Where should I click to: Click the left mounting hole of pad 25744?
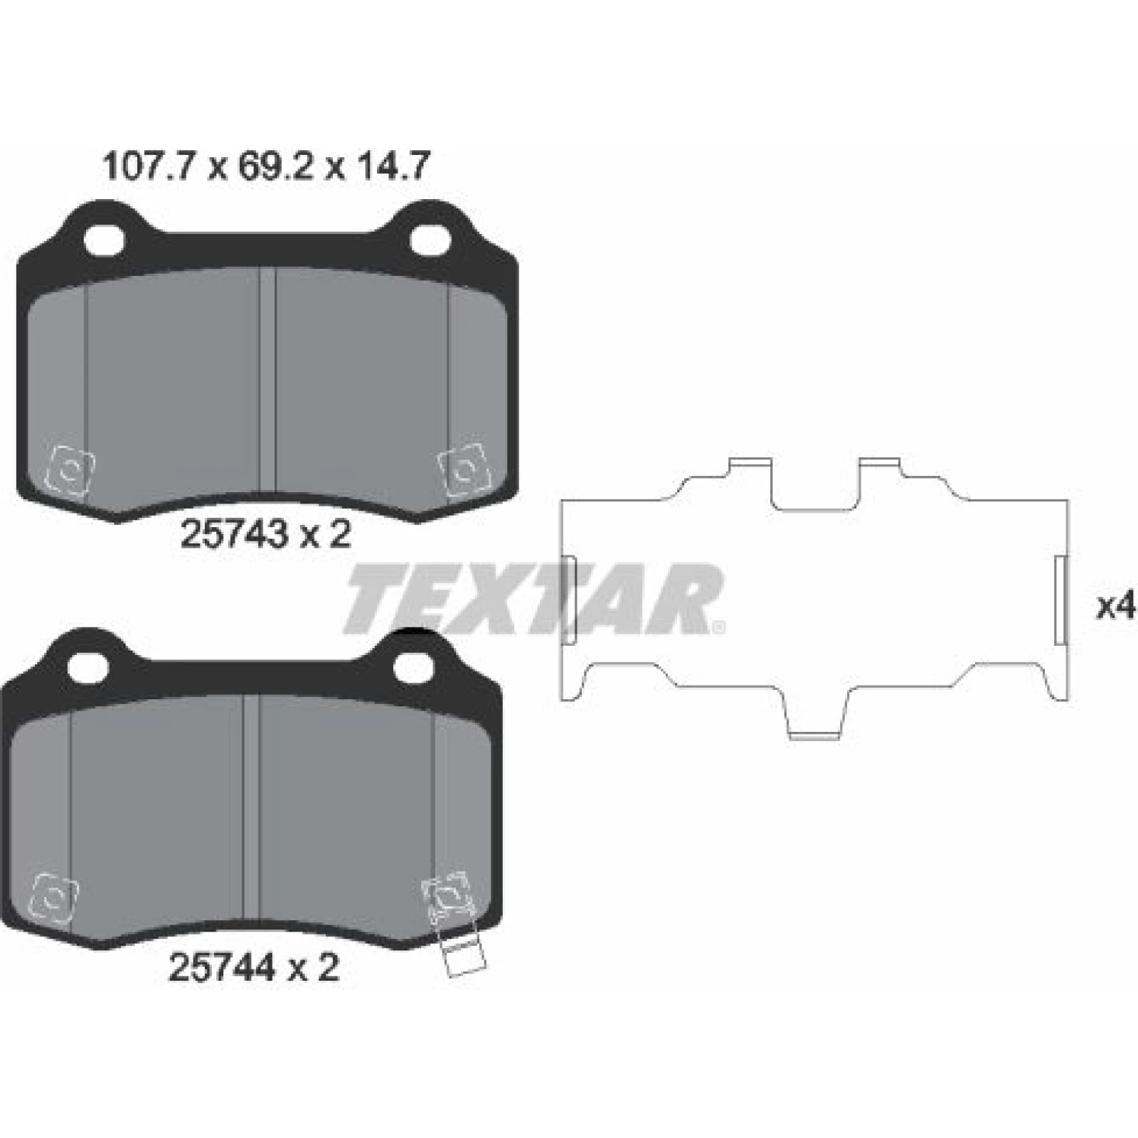click(89, 666)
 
